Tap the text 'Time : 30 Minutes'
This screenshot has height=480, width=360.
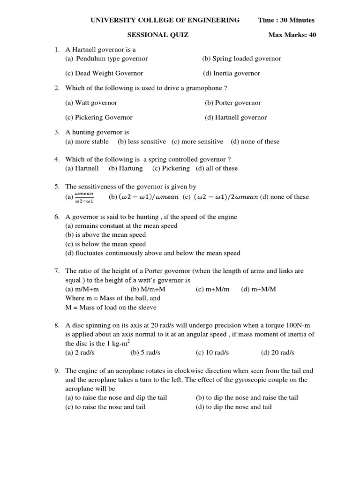coord(286,20)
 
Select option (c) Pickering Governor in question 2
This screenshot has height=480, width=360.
coord(99,117)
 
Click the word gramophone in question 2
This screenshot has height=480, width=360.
coord(198,88)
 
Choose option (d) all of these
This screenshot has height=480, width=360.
coord(217,168)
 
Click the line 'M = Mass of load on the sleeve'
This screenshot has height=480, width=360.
coord(111,307)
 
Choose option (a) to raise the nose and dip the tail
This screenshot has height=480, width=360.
coord(116,397)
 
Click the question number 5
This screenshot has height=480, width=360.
coord(57,187)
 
